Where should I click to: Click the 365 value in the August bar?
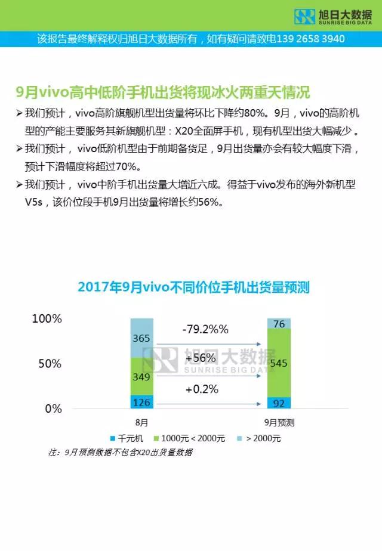click(x=141, y=338)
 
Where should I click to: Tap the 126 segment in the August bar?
click(x=141, y=402)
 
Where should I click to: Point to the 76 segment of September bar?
click(x=279, y=324)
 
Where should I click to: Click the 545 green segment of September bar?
click(x=279, y=363)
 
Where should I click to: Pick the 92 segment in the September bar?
click(x=279, y=403)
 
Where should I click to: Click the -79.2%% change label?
click(x=206, y=329)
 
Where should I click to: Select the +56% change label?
click(x=200, y=359)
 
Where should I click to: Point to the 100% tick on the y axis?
click(x=47, y=319)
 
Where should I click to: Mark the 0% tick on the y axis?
click(x=54, y=409)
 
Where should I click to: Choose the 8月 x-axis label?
click(x=141, y=423)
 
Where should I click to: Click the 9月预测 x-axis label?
click(x=278, y=423)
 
